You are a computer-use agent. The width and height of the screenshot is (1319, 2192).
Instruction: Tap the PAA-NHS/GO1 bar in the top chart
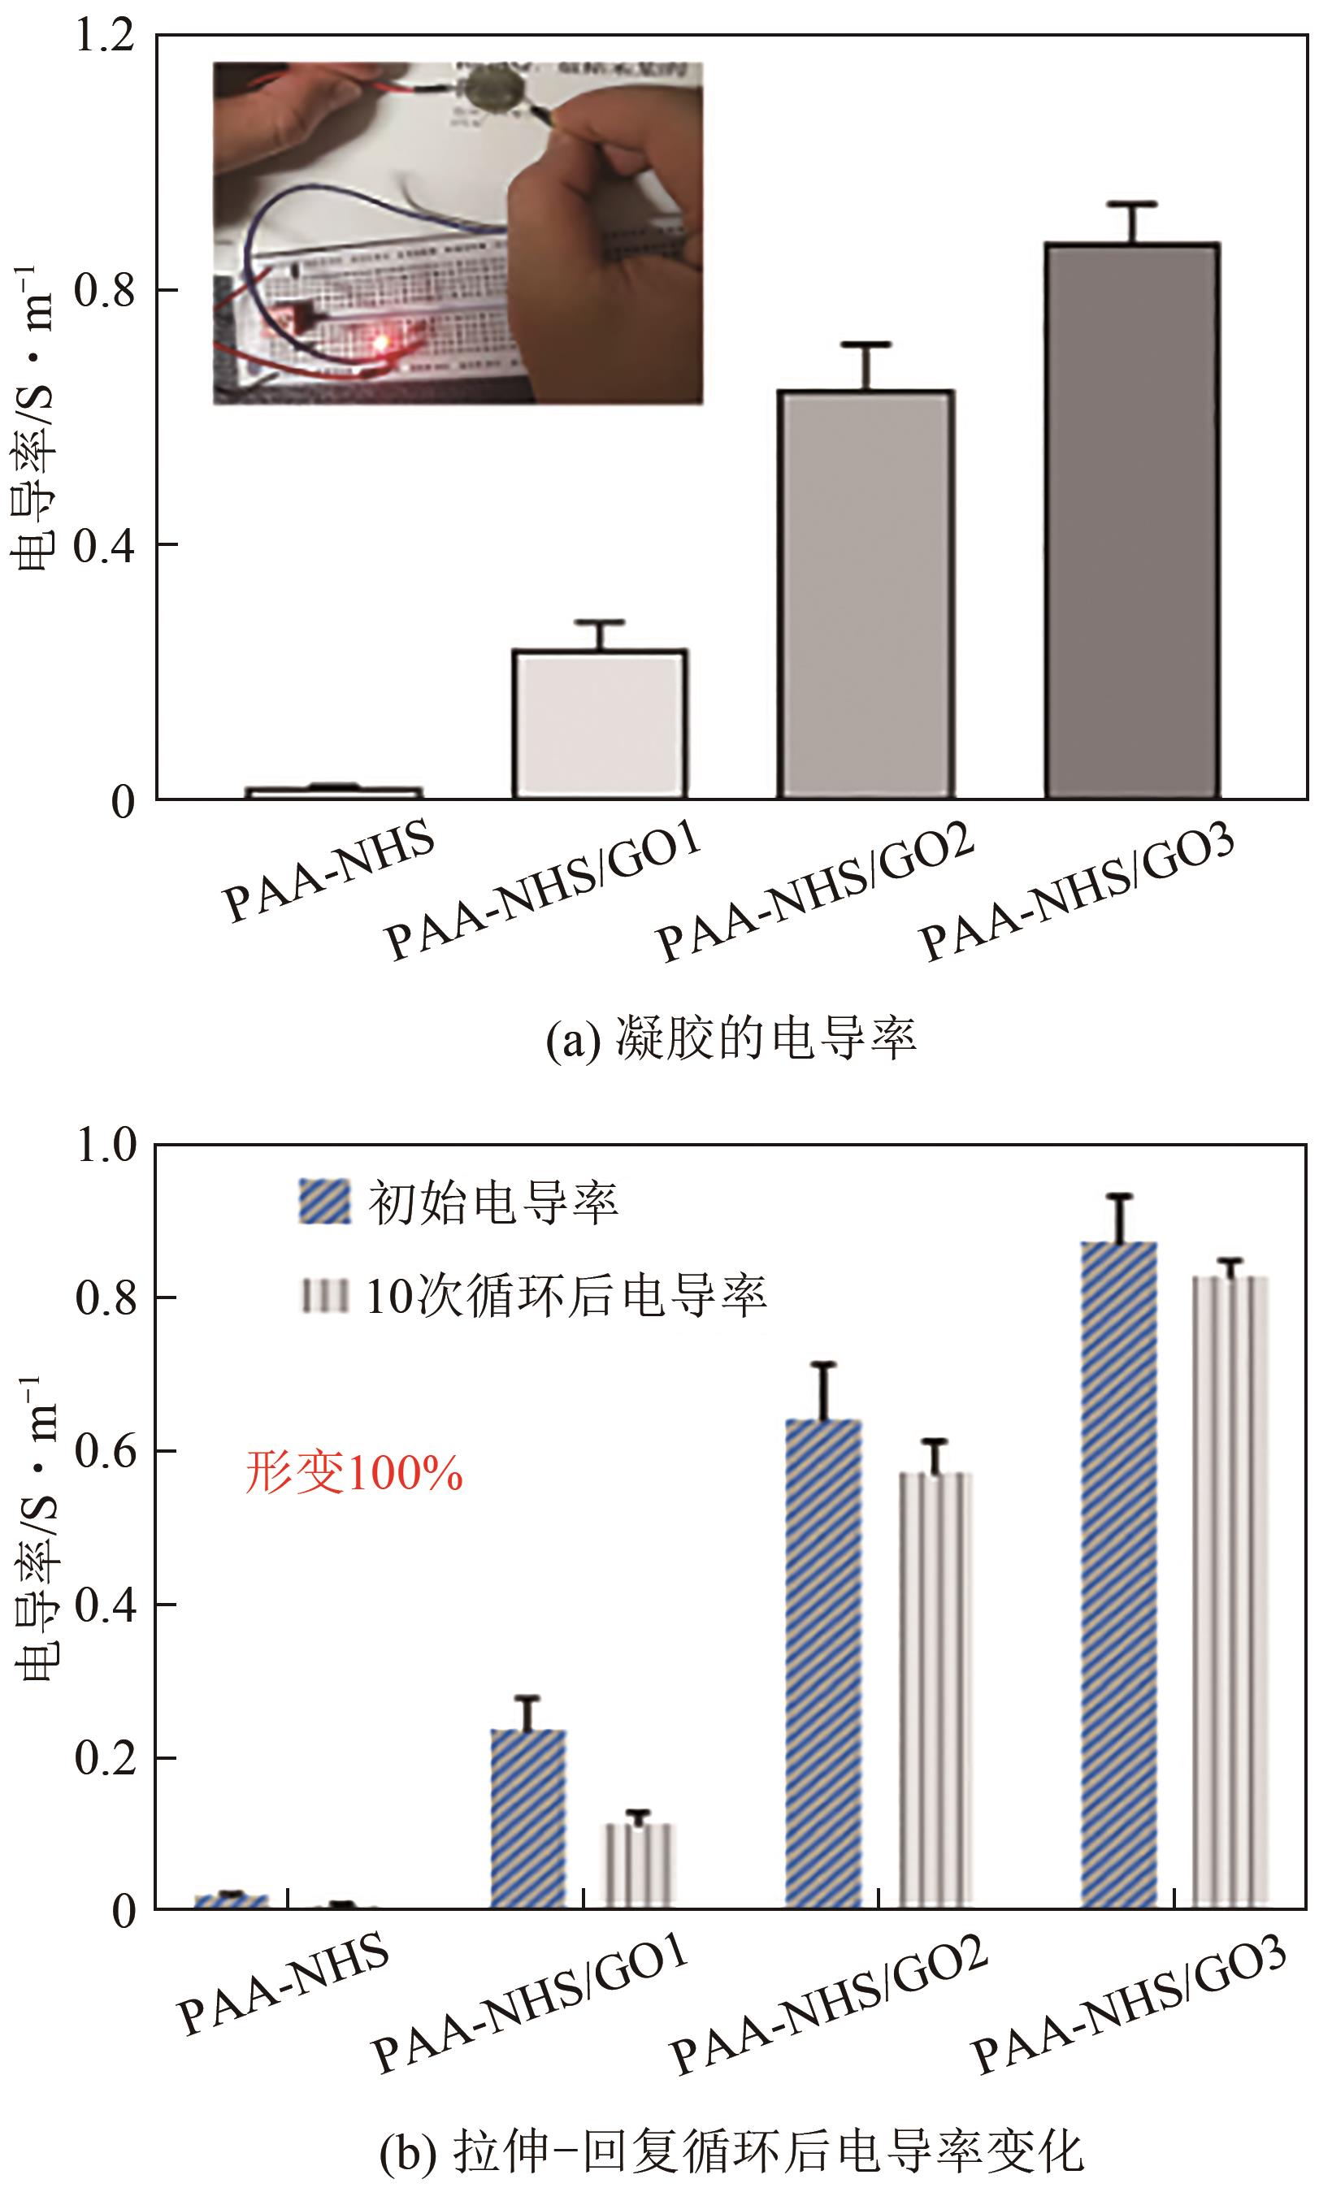point(599,724)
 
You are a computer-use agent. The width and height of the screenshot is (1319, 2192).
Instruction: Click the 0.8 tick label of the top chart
point(105,291)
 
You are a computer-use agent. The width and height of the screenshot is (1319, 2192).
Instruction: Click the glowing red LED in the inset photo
point(382,342)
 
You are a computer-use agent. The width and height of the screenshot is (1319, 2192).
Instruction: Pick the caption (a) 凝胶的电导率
point(731,1037)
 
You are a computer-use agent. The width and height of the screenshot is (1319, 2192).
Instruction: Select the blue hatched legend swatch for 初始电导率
point(324,1202)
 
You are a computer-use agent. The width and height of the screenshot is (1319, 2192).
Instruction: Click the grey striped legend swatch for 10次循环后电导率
point(324,1297)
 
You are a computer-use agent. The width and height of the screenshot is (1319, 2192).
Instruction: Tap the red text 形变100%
point(354,1472)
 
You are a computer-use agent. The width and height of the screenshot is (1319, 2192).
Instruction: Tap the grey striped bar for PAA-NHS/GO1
point(640,1865)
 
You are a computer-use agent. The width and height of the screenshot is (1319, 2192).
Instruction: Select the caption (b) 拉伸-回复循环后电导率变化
point(731,2152)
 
